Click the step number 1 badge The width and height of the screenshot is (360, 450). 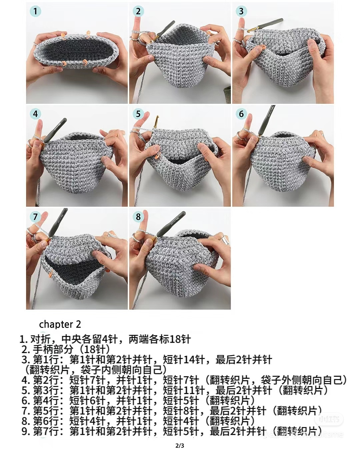click(35, 11)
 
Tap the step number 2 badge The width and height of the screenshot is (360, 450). click(138, 11)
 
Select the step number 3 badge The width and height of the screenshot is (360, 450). click(241, 11)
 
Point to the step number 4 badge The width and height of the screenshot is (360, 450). click(35, 114)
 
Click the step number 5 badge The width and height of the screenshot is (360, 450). click(138, 114)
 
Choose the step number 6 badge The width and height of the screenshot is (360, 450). click(241, 114)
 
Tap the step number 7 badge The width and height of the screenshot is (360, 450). click(35, 217)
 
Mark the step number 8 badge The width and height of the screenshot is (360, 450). click(138, 217)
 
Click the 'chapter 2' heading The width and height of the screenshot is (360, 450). click(60, 324)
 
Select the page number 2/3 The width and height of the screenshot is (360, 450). click(180, 445)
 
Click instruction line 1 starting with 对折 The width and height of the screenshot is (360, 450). click(105, 339)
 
